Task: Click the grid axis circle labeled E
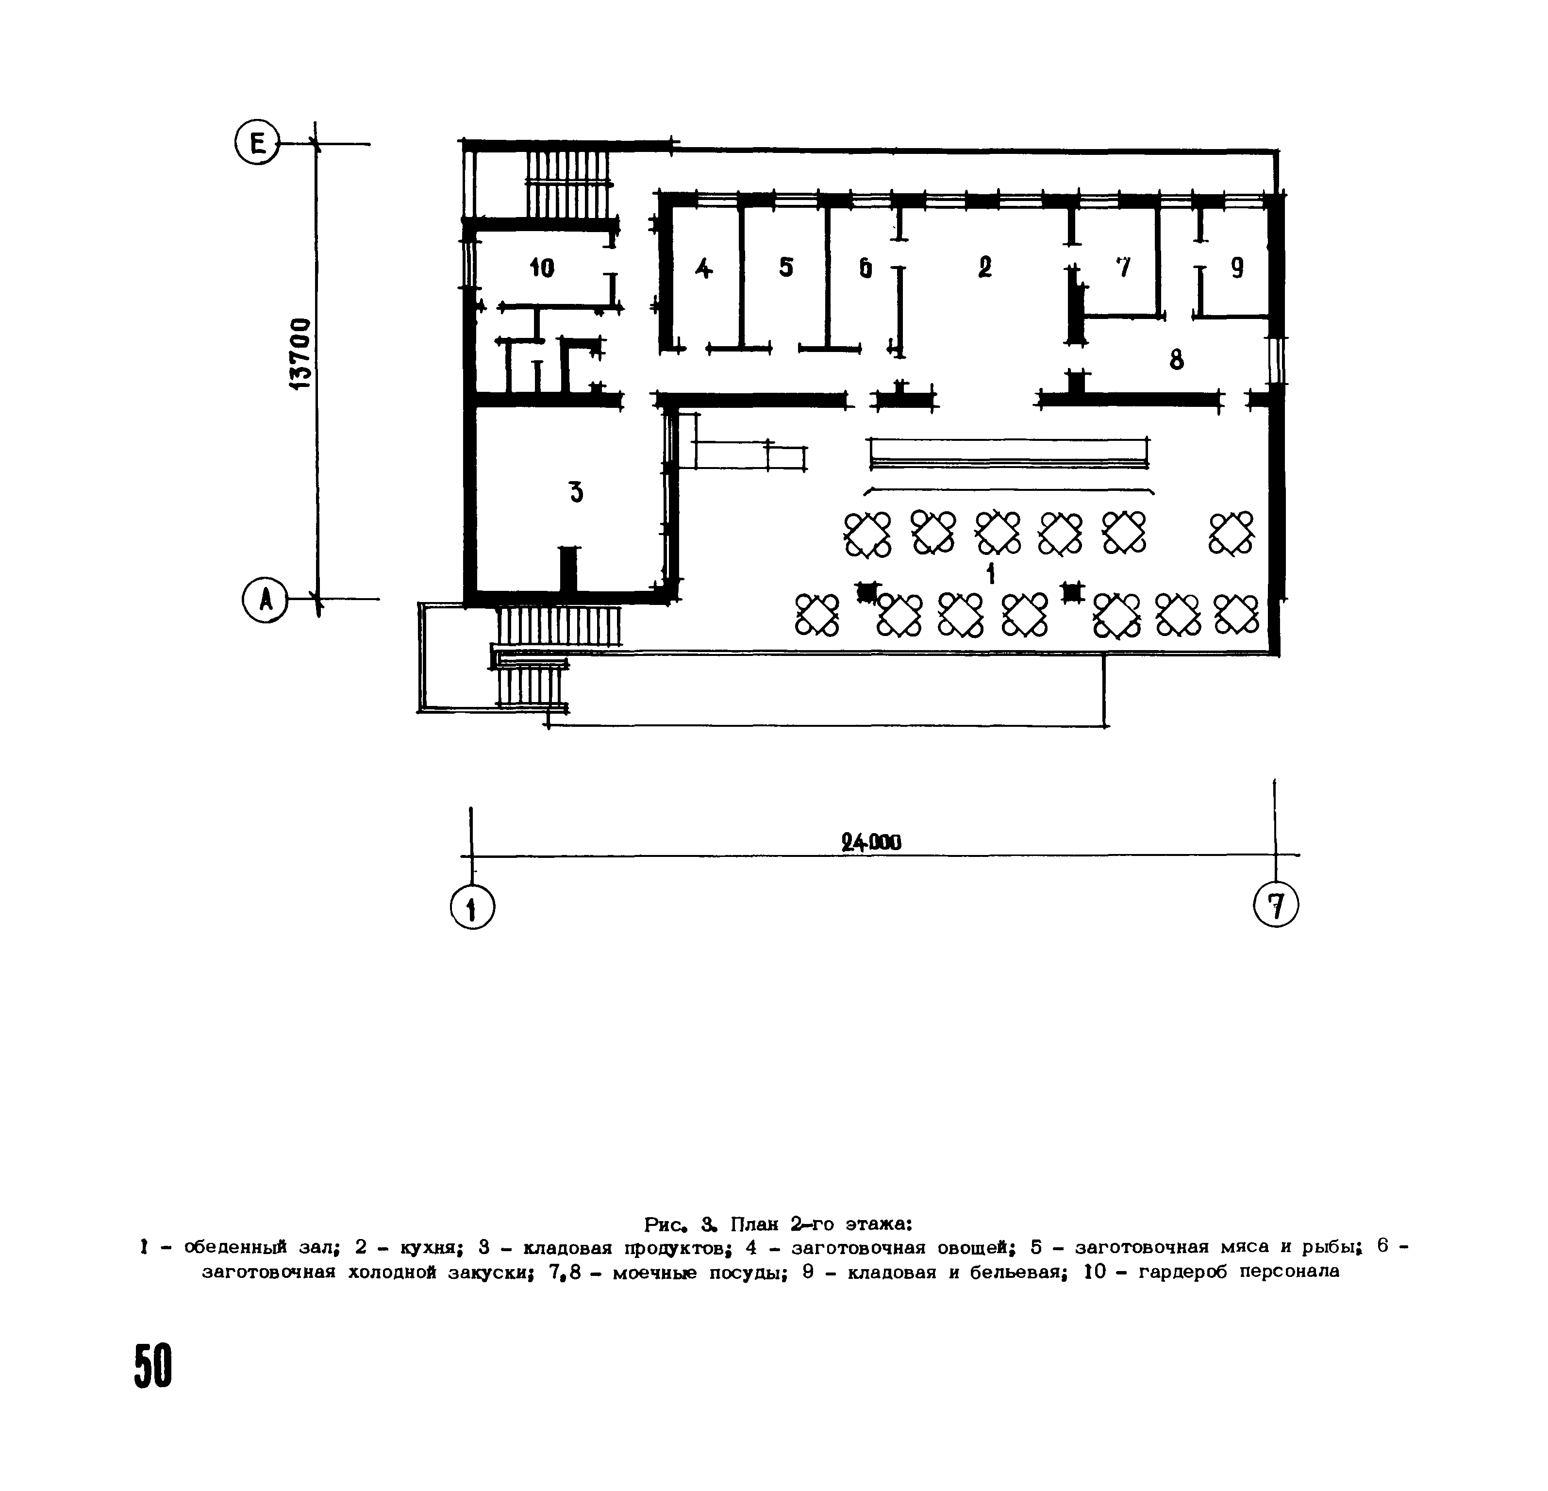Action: [x=257, y=144]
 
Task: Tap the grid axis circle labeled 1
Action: [x=472, y=907]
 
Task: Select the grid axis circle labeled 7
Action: [x=1276, y=904]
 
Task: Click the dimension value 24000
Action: [x=871, y=843]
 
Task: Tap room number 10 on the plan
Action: [x=542, y=268]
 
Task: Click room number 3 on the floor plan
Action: [x=577, y=492]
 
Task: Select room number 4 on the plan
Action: [x=703, y=268]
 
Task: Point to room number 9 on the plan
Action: [x=1237, y=268]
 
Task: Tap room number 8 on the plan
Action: [x=1176, y=360]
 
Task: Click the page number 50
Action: [x=152, y=1365]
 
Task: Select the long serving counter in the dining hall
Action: [x=1009, y=453]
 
